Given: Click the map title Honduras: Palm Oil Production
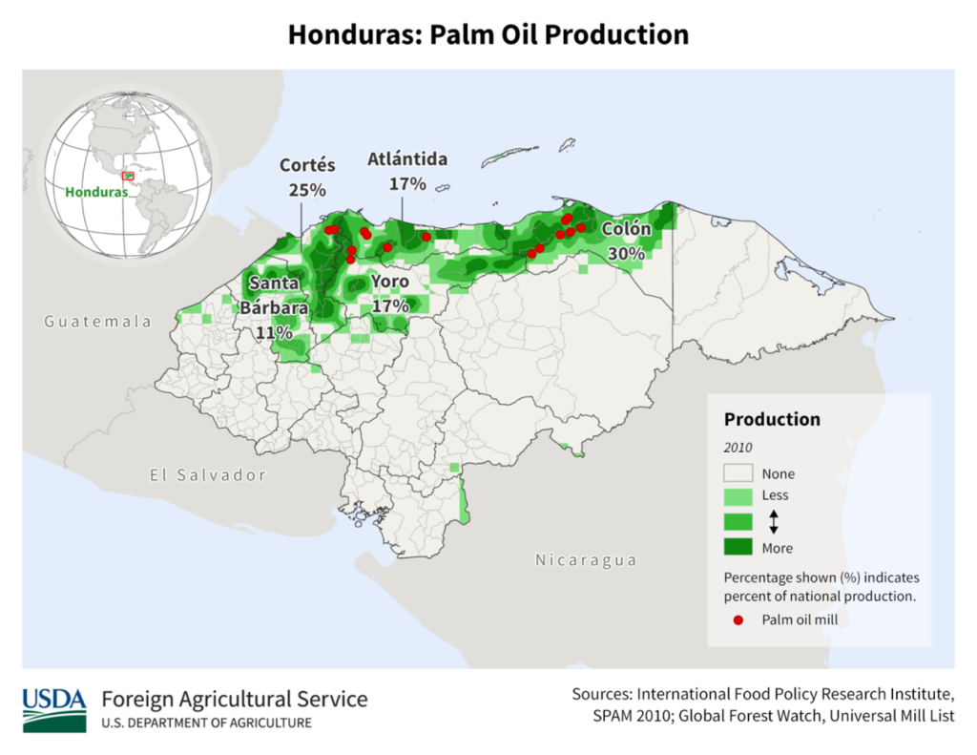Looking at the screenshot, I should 488,34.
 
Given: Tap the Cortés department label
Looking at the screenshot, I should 306,165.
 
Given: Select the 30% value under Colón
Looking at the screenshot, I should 627,253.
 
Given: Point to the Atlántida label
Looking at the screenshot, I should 407,159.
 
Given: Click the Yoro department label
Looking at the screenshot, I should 389,282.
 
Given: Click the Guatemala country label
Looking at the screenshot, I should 97,322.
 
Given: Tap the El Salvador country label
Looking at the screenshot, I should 207,474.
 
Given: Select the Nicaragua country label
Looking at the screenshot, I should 585,559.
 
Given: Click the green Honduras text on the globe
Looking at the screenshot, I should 95,192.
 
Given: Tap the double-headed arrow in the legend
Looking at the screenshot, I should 774,521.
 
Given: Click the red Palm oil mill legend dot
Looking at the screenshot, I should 738,620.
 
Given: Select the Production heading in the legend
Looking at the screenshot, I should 772,419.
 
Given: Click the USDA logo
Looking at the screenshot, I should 53,709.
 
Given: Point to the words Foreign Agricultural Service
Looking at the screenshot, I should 234,699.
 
